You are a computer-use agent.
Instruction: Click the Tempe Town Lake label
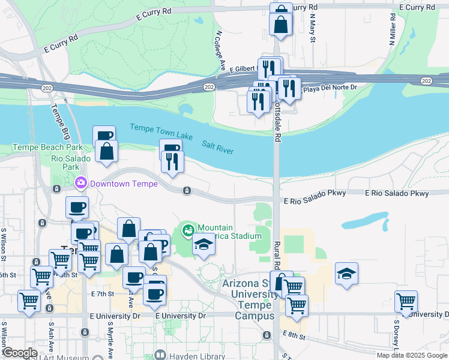coord(161,131)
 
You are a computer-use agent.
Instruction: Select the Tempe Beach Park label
coord(47,147)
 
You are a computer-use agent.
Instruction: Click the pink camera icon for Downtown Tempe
coord(80,182)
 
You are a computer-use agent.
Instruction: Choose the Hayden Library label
coord(186,355)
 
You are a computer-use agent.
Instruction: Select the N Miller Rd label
coord(393,28)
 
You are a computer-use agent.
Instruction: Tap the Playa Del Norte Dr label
coord(330,88)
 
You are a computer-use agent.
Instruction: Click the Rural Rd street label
coord(277,251)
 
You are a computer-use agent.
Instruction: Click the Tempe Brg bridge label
coord(59,119)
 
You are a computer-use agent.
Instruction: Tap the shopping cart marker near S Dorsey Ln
coord(406,301)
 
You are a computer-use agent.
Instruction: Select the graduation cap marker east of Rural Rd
coord(346,273)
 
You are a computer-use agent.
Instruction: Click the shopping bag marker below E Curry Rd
coord(281,24)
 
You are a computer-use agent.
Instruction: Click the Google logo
coord(20,353)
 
